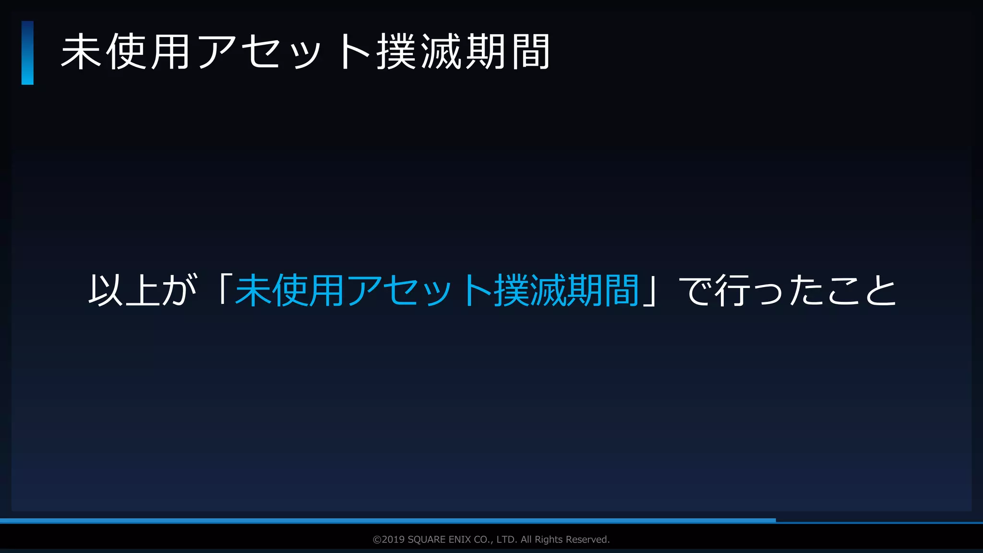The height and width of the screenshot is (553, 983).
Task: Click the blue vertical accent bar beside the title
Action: [x=27, y=53]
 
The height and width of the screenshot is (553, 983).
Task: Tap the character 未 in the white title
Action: [x=81, y=52]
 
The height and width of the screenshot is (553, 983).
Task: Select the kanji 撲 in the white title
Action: [x=396, y=52]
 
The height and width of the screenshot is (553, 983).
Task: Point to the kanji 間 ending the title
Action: [x=530, y=52]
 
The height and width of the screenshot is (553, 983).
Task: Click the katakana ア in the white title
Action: [x=216, y=52]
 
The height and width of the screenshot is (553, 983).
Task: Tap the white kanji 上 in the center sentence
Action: [x=143, y=290]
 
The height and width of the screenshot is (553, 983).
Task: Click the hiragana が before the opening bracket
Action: [x=179, y=290]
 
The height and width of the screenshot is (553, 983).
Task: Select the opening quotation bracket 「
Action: [x=222, y=288]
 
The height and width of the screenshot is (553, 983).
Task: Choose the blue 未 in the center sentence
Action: [x=253, y=290]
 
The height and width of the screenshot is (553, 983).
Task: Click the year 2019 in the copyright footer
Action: [x=393, y=540]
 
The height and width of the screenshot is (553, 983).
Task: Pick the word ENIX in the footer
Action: [x=460, y=540]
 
